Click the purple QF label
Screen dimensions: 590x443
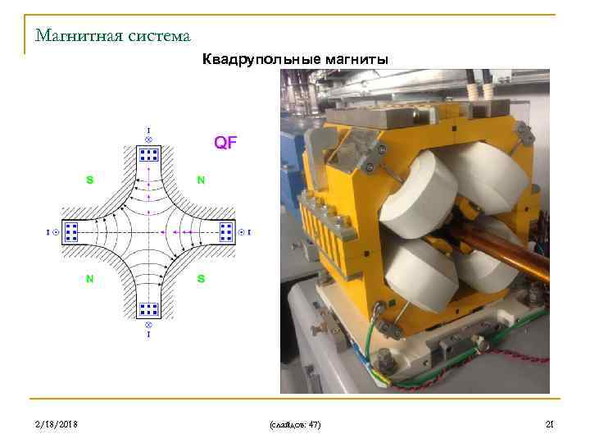[x=225, y=142]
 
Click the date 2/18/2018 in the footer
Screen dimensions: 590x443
[x=57, y=423]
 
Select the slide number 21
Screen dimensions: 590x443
[x=550, y=423]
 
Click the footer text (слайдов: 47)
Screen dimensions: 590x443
[x=294, y=424]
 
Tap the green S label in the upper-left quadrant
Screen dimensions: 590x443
[x=89, y=180]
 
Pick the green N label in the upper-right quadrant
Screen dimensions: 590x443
[x=201, y=180]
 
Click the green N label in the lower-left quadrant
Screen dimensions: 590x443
[x=89, y=279]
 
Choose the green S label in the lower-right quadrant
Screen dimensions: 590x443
[x=201, y=279]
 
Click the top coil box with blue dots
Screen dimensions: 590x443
[x=148, y=154]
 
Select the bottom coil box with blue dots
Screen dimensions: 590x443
[x=148, y=309]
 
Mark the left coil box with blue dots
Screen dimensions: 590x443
[x=71, y=232]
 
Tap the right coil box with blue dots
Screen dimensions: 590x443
[x=226, y=232]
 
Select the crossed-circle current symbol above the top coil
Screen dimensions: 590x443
[x=148, y=139]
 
